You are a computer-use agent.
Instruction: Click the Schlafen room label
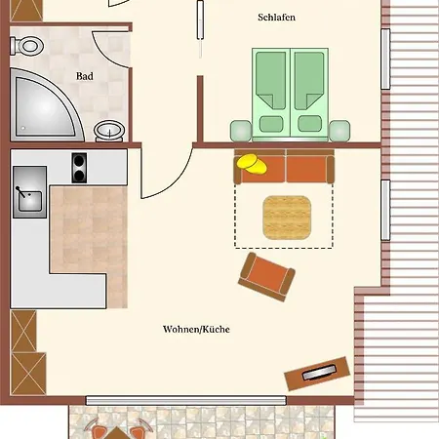pyautogui.click(x=277, y=19)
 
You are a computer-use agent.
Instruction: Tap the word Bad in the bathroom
pyautogui.click(x=85, y=76)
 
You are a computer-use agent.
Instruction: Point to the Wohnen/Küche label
pyautogui.click(x=196, y=329)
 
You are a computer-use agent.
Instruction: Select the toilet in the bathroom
pyautogui.click(x=30, y=46)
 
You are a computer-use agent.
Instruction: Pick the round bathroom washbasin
pyautogui.click(x=109, y=131)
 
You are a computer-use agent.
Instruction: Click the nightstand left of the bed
pyautogui.click(x=239, y=129)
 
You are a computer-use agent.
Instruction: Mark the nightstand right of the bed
pyautogui.click(x=339, y=129)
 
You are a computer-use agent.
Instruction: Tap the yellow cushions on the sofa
pyautogui.click(x=253, y=164)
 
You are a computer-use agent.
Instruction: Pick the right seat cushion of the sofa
pyautogui.click(x=308, y=168)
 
